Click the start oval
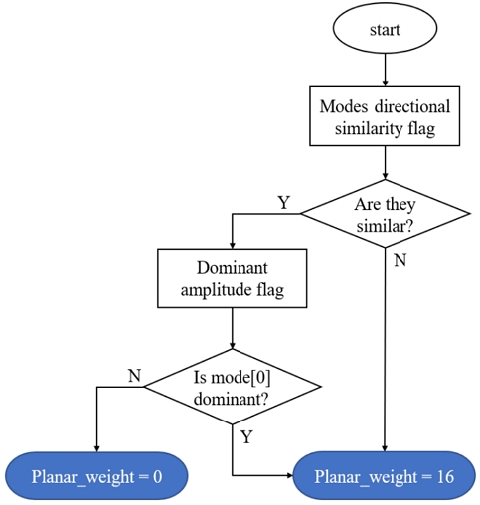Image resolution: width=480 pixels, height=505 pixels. point(384,29)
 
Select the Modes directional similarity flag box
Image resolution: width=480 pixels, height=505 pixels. point(384,118)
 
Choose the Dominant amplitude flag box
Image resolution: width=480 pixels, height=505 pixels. point(231,278)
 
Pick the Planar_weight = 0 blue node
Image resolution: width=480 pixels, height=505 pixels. point(96,476)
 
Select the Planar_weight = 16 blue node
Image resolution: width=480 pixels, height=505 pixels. point(384,476)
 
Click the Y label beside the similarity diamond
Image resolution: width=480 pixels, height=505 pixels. point(283,203)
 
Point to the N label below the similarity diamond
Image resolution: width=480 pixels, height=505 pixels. point(400,261)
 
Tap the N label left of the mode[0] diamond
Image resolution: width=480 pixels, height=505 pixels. point(134,375)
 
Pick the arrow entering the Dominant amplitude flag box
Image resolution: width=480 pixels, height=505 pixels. point(231,233)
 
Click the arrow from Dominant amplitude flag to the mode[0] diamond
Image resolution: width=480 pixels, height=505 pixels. point(231,327)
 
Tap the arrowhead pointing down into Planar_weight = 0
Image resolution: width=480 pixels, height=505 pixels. point(96,447)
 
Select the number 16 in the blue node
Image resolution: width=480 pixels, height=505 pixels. point(443,476)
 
